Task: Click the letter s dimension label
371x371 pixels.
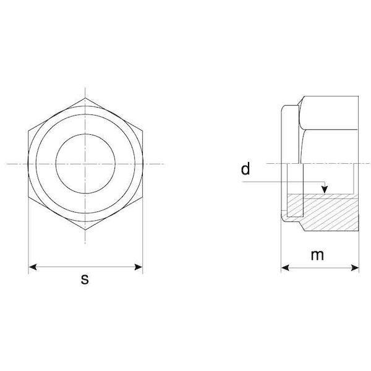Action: tap(85, 279)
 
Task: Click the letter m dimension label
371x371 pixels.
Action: tap(317, 255)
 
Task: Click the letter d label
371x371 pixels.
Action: tap(245, 169)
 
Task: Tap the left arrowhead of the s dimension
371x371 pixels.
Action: tap(33, 267)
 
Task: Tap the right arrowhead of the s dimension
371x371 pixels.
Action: tap(139, 267)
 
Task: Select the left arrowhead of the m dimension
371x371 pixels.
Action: tap(285, 268)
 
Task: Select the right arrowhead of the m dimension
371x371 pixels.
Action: tap(355, 268)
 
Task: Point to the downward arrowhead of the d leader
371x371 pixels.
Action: tap(325, 189)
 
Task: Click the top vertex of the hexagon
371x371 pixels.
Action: tap(85, 98)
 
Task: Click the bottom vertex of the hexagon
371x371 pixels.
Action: tap(85, 229)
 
